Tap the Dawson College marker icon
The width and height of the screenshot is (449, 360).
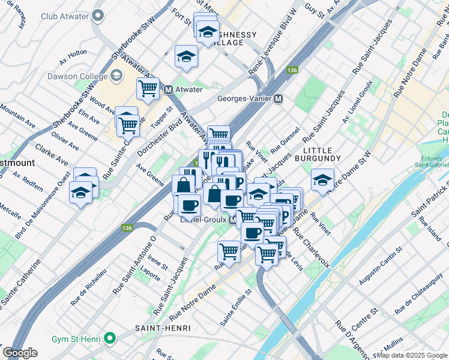116,75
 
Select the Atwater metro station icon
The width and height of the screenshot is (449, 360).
169,89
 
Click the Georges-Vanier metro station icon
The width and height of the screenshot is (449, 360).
279,98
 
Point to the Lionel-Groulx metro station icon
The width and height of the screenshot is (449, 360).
231,220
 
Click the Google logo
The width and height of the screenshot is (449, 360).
20,353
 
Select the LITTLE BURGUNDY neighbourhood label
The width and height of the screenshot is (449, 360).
322,154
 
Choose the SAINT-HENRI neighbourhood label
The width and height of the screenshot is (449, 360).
163,328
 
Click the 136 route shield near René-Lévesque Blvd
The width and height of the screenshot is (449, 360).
292,70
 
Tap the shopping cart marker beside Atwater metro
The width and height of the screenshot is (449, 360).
147,89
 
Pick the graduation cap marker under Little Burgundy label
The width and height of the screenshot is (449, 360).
322,180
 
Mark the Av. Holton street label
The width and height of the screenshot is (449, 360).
74,54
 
